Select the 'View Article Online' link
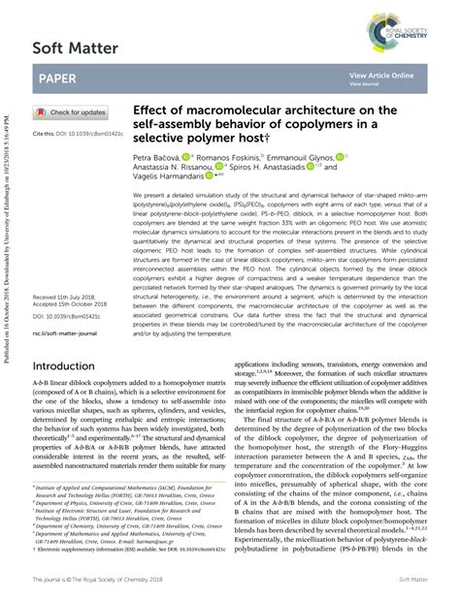click(381, 75)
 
